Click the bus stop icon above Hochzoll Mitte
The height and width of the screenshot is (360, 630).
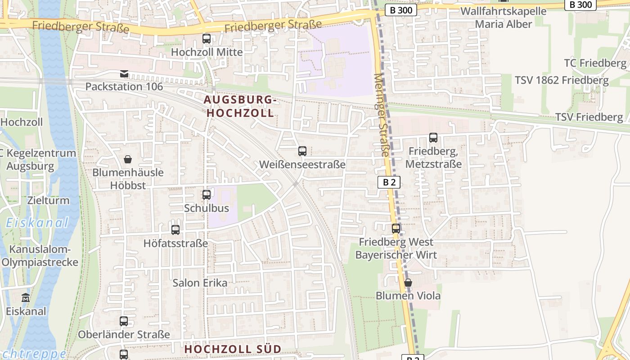(x=207, y=39)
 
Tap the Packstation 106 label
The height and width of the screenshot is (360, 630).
(x=124, y=86)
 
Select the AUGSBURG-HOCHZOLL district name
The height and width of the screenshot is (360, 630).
(x=240, y=106)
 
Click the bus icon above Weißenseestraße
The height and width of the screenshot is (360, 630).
(x=302, y=151)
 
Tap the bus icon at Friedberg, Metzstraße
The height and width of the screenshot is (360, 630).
(x=433, y=138)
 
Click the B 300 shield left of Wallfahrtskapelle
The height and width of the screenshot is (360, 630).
(x=401, y=10)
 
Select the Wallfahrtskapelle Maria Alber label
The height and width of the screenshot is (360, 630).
(x=504, y=18)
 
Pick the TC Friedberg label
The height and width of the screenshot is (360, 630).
(x=595, y=63)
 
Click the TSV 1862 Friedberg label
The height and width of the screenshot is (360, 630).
(x=562, y=81)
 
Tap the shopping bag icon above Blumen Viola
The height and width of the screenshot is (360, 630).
(x=408, y=283)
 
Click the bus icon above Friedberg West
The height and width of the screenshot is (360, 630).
(x=396, y=229)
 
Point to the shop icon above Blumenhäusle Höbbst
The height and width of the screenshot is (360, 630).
(x=128, y=159)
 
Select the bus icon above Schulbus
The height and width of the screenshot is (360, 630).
(x=207, y=195)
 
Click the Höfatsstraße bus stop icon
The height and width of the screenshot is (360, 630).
(x=175, y=230)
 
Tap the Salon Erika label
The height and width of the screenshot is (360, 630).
(x=200, y=283)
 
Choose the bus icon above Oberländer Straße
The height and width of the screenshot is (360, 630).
(x=124, y=321)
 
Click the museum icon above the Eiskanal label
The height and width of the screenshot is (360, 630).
(x=26, y=298)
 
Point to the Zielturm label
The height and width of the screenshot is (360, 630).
(x=48, y=200)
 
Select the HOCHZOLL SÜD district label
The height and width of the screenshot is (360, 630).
(x=233, y=349)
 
